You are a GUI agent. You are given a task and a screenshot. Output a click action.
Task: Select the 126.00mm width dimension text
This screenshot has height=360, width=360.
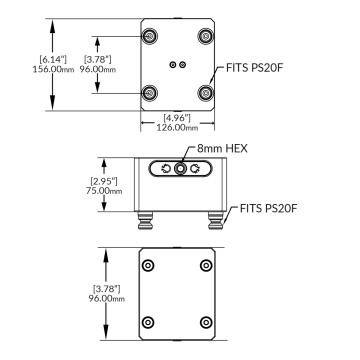tap(179, 127)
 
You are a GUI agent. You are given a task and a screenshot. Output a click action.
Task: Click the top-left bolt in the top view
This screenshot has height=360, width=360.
tap(149, 36)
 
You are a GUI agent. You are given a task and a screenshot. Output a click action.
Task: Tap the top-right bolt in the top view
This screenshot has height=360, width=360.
tap(207, 36)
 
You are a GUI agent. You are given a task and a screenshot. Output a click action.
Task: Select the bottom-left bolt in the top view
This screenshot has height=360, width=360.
tap(149, 93)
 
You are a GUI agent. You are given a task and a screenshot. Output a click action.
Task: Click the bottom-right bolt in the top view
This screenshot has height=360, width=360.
tap(207, 93)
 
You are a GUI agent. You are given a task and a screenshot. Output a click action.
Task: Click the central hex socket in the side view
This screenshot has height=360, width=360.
tap(179, 170)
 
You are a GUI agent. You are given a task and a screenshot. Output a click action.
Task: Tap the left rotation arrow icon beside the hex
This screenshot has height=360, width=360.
tap(164, 170)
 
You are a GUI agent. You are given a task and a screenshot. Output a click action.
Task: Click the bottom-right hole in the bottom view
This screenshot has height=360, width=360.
tap(207, 321)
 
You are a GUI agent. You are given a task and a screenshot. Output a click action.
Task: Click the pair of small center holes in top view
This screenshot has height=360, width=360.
tap(178, 65)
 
